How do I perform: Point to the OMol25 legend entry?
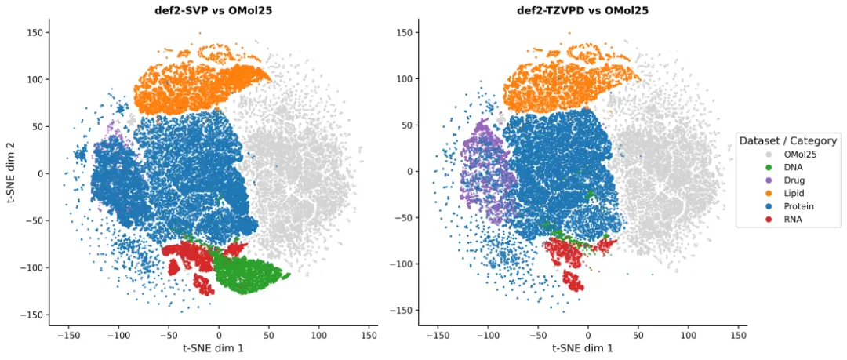pos(789,155)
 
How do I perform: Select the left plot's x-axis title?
pos(213,348)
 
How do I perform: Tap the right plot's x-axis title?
pos(582,348)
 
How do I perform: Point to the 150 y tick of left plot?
pos(35,32)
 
